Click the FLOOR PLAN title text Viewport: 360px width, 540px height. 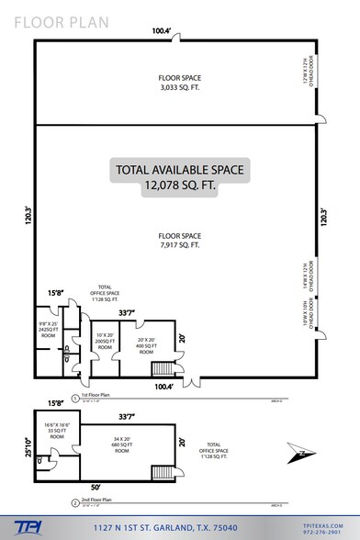45,17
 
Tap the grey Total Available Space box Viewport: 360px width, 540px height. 179,175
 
